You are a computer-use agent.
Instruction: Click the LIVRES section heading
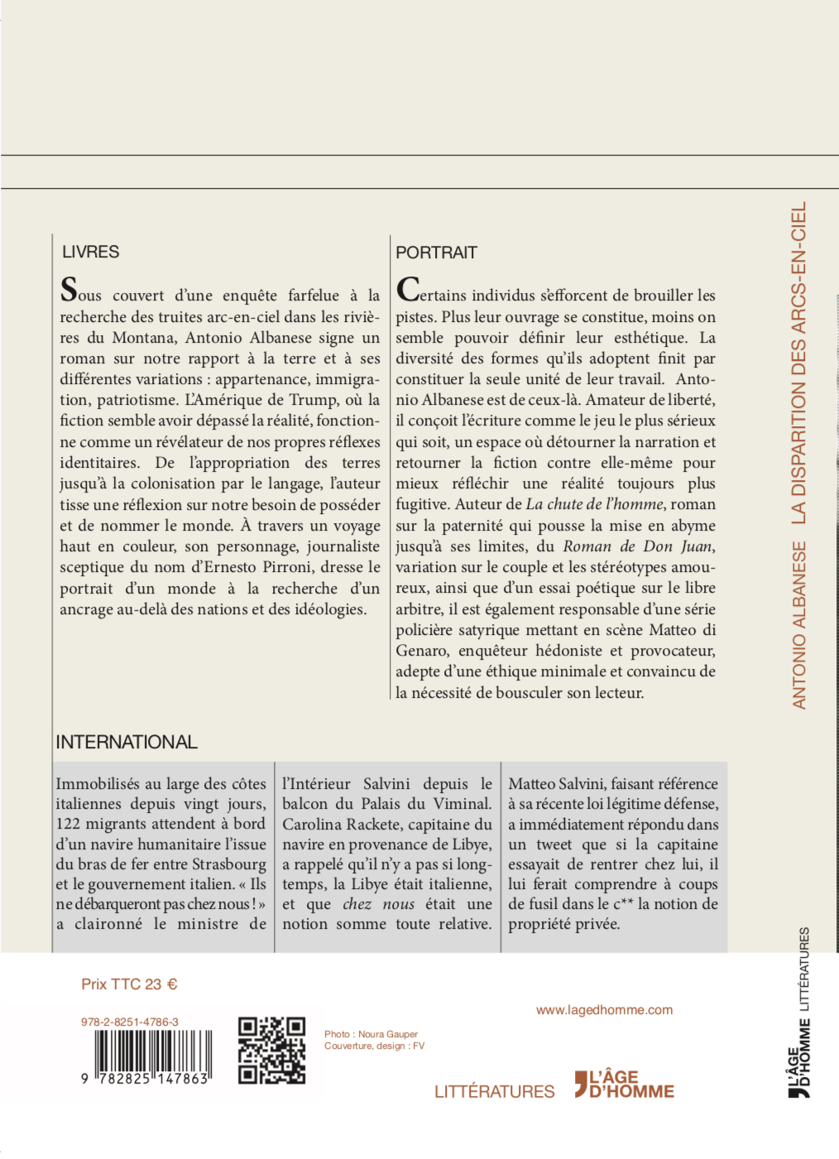(91, 252)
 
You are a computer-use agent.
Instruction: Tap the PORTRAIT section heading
(436, 252)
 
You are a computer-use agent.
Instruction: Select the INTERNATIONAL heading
(127, 742)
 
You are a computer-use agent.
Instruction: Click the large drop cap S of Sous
(69, 291)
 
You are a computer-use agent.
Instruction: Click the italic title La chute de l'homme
(594, 504)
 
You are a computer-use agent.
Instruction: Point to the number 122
(70, 824)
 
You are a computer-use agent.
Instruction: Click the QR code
(271, 1051)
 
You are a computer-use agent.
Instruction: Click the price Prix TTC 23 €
(129, 984)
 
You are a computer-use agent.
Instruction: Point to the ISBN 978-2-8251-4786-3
(130, 1022)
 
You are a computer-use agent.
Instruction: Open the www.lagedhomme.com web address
(604, 1010)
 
